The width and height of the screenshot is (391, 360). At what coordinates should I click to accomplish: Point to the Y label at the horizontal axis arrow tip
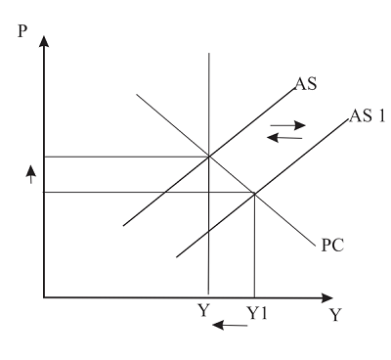[x=363, y=316]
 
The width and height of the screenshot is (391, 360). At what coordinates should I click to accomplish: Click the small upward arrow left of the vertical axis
[x=30, y=173]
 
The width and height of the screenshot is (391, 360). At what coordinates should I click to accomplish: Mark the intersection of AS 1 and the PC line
[x=254, y=193]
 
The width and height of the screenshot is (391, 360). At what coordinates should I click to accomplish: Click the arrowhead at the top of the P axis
[x=45, y=44]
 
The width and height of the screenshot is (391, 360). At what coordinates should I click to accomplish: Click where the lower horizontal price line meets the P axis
[x=45, y=193]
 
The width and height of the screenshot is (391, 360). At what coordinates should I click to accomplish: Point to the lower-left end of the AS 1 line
[x=177, y=257]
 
